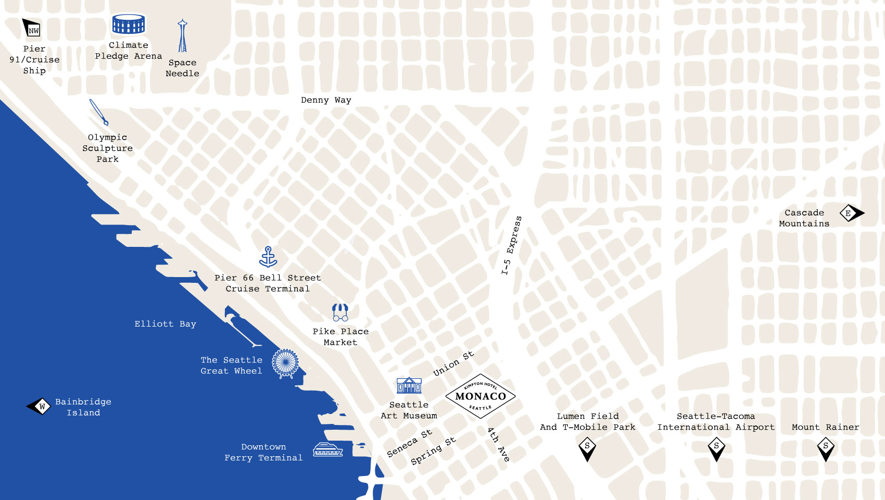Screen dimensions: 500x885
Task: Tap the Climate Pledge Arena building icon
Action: point(129,24)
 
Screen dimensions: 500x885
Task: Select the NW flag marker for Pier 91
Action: point(31,28)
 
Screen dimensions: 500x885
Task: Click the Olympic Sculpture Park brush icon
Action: point(98,112)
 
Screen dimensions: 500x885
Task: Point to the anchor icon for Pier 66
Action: point(268,257)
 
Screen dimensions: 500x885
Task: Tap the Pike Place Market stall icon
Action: point(340,312)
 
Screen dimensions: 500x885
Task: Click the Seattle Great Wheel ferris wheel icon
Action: point(285,363)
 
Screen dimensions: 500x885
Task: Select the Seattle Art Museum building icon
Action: point(409,386)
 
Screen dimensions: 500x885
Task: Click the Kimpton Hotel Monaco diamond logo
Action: point(481,396)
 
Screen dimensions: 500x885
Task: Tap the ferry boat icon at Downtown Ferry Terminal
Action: point(327,449)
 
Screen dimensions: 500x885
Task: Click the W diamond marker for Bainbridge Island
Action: point(40,406)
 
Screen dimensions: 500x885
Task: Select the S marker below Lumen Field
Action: point(587,448)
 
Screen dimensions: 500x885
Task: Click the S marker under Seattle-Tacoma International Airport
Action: point(716,448)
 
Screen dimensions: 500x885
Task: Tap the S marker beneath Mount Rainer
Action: point(826,448)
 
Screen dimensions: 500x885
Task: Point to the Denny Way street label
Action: point(326,100)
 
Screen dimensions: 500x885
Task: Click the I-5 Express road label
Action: point(511,245)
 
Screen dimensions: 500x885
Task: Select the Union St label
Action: point(453,363)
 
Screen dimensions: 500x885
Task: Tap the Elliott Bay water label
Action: point(165,324)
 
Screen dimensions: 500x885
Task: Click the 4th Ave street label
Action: point(498,444)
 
